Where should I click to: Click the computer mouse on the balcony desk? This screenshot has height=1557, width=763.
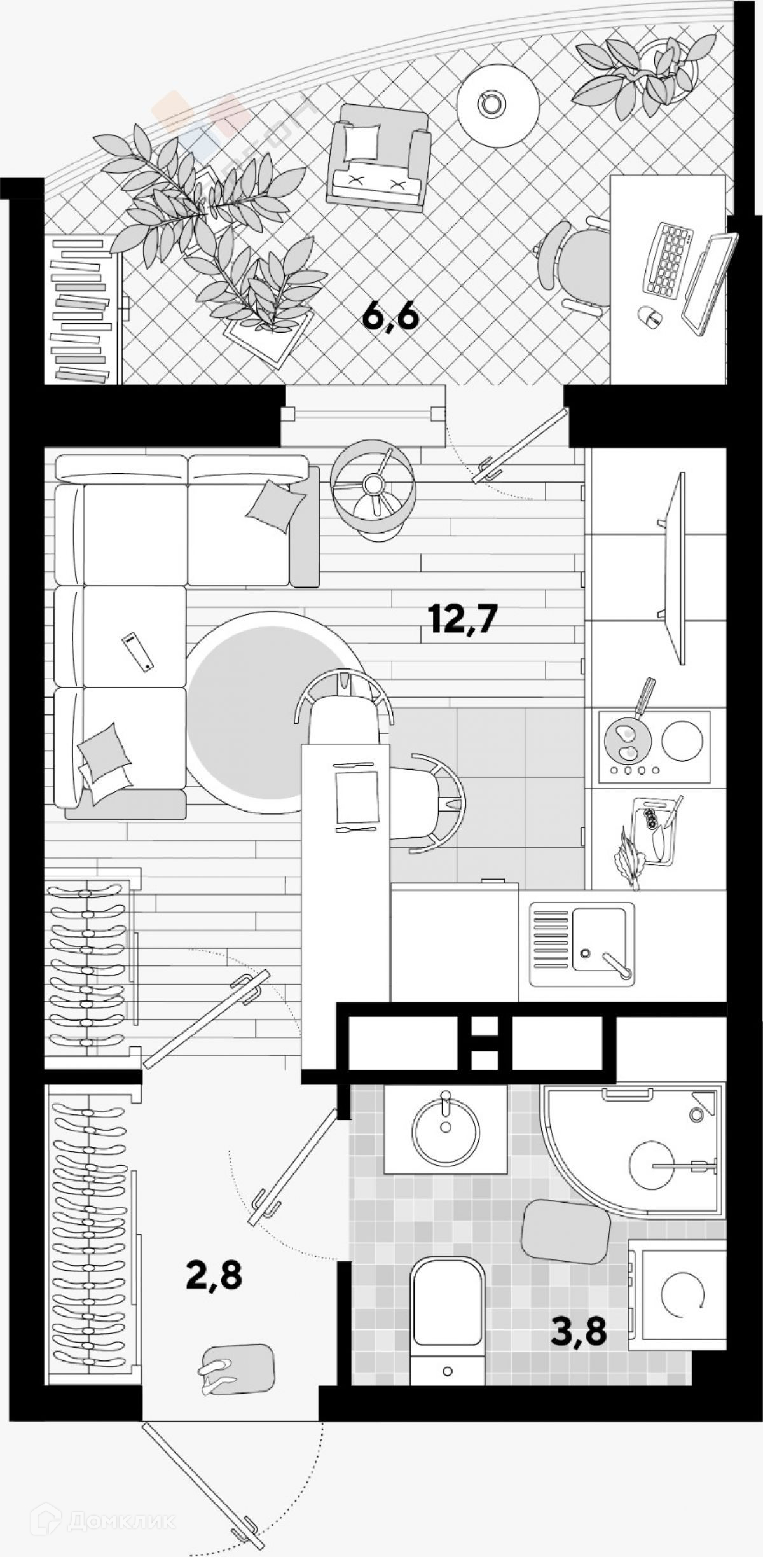[650, 315]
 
